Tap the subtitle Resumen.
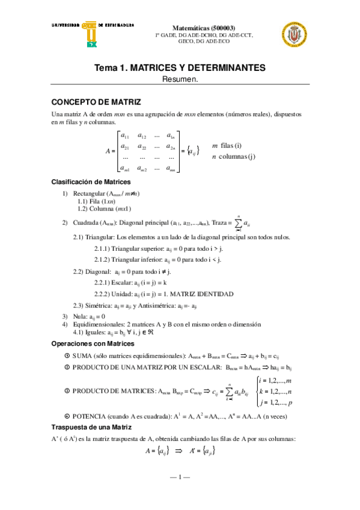180,79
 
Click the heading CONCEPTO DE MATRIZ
96,102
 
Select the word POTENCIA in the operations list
90,416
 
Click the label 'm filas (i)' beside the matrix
227,146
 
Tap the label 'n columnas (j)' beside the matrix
233,157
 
